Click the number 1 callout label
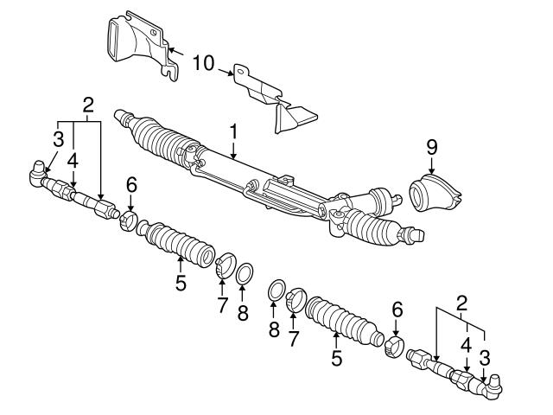pyautogui.click(x=232, y=131)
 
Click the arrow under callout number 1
pyautogui.click(x=232, y=150)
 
